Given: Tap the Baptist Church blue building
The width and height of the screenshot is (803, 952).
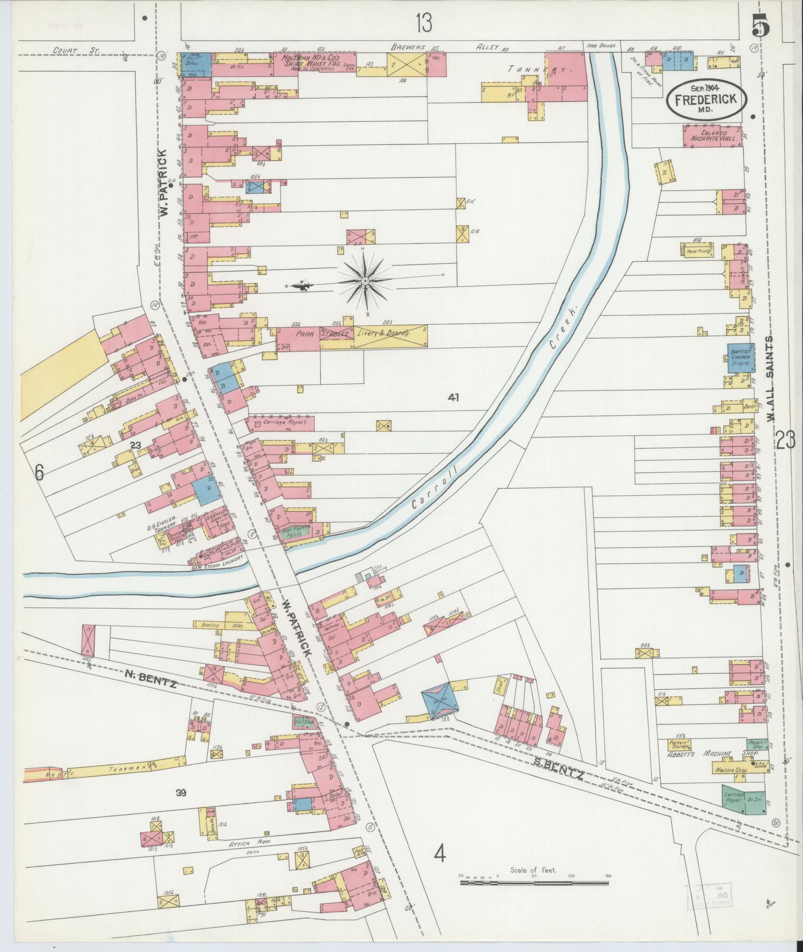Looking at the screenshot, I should (x=741, y=357).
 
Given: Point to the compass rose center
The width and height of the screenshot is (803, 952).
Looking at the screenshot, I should (x=365, y=281).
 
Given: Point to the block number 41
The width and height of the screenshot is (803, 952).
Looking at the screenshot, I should (x=453, y=397).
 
